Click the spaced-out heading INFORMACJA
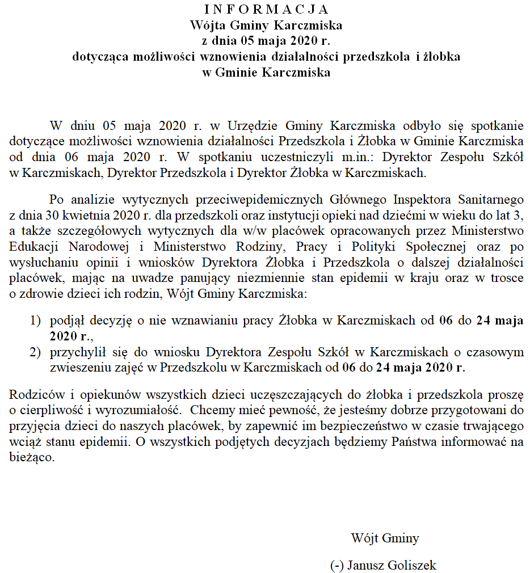(266, 10)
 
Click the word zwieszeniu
(77, 368)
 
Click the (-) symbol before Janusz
(336, 566)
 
